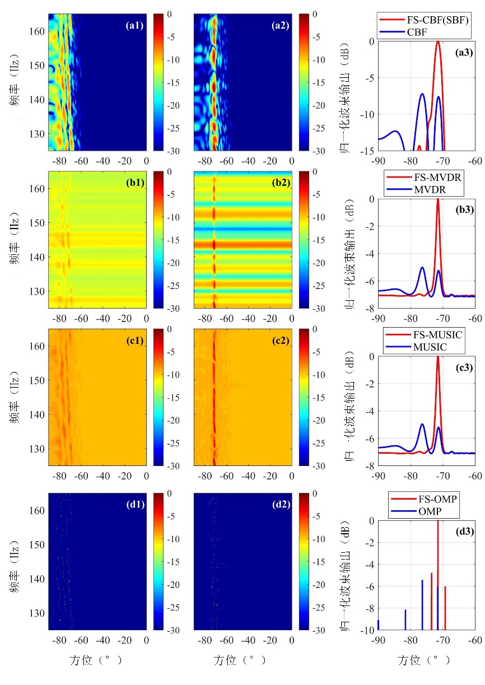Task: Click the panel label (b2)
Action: coord(279,180)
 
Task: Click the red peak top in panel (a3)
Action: coord(438,42)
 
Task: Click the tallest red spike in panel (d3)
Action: coord(437,521)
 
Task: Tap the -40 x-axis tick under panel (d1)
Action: coord(102,641)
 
